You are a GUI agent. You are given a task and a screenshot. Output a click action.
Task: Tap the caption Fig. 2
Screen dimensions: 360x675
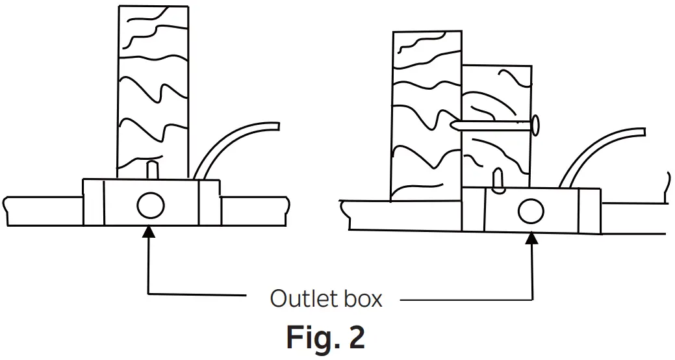[326, 337]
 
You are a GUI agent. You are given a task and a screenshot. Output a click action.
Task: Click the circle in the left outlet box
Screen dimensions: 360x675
[150, 207]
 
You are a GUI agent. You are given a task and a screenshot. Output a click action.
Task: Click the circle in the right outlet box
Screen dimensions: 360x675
[530, 211]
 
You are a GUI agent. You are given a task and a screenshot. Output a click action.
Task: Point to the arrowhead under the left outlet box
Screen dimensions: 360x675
[150, 231]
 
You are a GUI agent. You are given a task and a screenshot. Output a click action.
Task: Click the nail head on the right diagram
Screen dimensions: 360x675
[535, 125]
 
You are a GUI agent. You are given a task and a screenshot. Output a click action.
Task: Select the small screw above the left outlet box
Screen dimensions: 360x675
[152, 169]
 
